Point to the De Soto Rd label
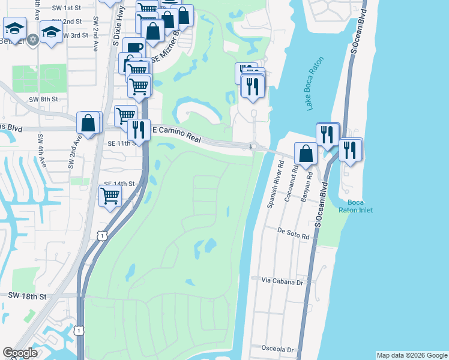(x=293, y=230)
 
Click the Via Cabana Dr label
(x=280, y=280)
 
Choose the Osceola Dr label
(x=277, y=348)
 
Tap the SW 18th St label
(x=28, y=296)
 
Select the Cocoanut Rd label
(x=293, y=179)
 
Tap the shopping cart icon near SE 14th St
(x=110, y=195)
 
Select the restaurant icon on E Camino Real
(x=139, y=130)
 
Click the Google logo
(x=20, y=353)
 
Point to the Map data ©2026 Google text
(x=412, y=355)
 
